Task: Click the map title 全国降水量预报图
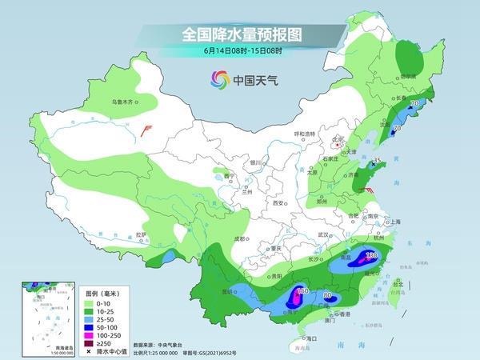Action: click(240, 34)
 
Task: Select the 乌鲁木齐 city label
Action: click(126, 102)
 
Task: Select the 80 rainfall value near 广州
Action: click(327, 295)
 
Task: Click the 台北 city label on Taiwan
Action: click(398, 282)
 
